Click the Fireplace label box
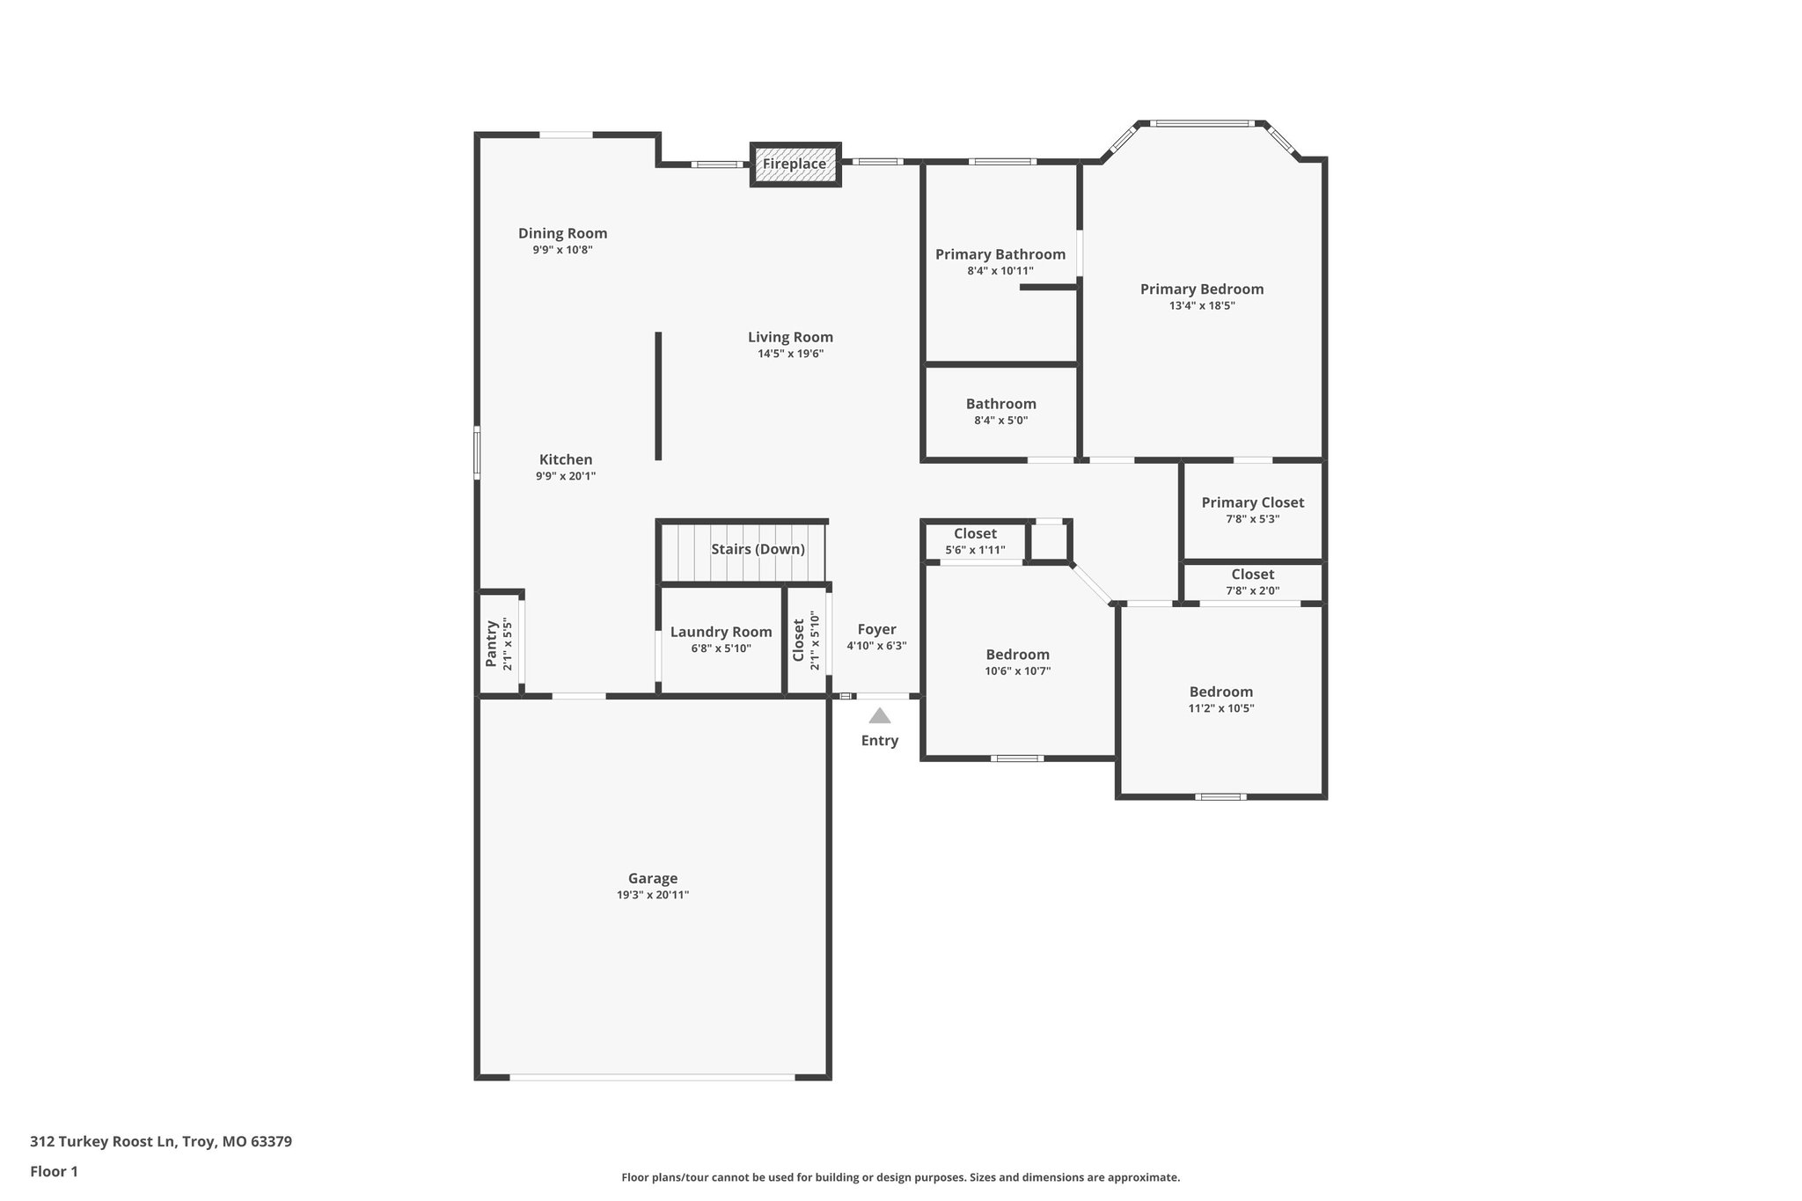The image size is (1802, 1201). [x=795, y=165]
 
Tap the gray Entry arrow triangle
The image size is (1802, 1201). [x=879, y=715]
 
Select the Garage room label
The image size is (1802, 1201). [x=653, y=878]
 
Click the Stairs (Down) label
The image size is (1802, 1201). [x=758, y=549]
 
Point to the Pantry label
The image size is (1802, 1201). [x=491, y=644]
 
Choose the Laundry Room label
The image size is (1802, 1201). [x=721, y=632]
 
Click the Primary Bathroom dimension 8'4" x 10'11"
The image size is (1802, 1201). [x=1000, y=271]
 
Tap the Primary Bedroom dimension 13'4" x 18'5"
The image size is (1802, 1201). [x=1202, y=305]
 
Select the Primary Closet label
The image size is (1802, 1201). [x=1252, y=502]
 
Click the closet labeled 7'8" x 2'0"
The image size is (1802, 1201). [x=1252, y=582]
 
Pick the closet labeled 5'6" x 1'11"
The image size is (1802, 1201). [x=975, y=541]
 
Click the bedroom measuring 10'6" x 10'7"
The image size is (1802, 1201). [x=1017, y=662]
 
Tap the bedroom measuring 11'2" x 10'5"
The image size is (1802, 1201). [x=1220, y=699]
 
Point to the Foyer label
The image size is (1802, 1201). [x=876, y=629]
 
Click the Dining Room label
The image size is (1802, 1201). [x=562, y=233]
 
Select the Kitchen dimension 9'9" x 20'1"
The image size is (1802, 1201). [x=566, y=476]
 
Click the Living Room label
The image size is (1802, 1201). [x=790, y=337]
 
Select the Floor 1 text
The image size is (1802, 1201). [x=54, y=1171]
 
